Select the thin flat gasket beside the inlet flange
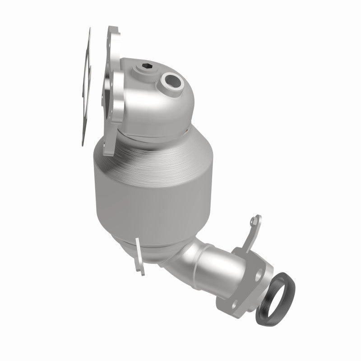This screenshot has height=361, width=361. (x=86, y=90)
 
